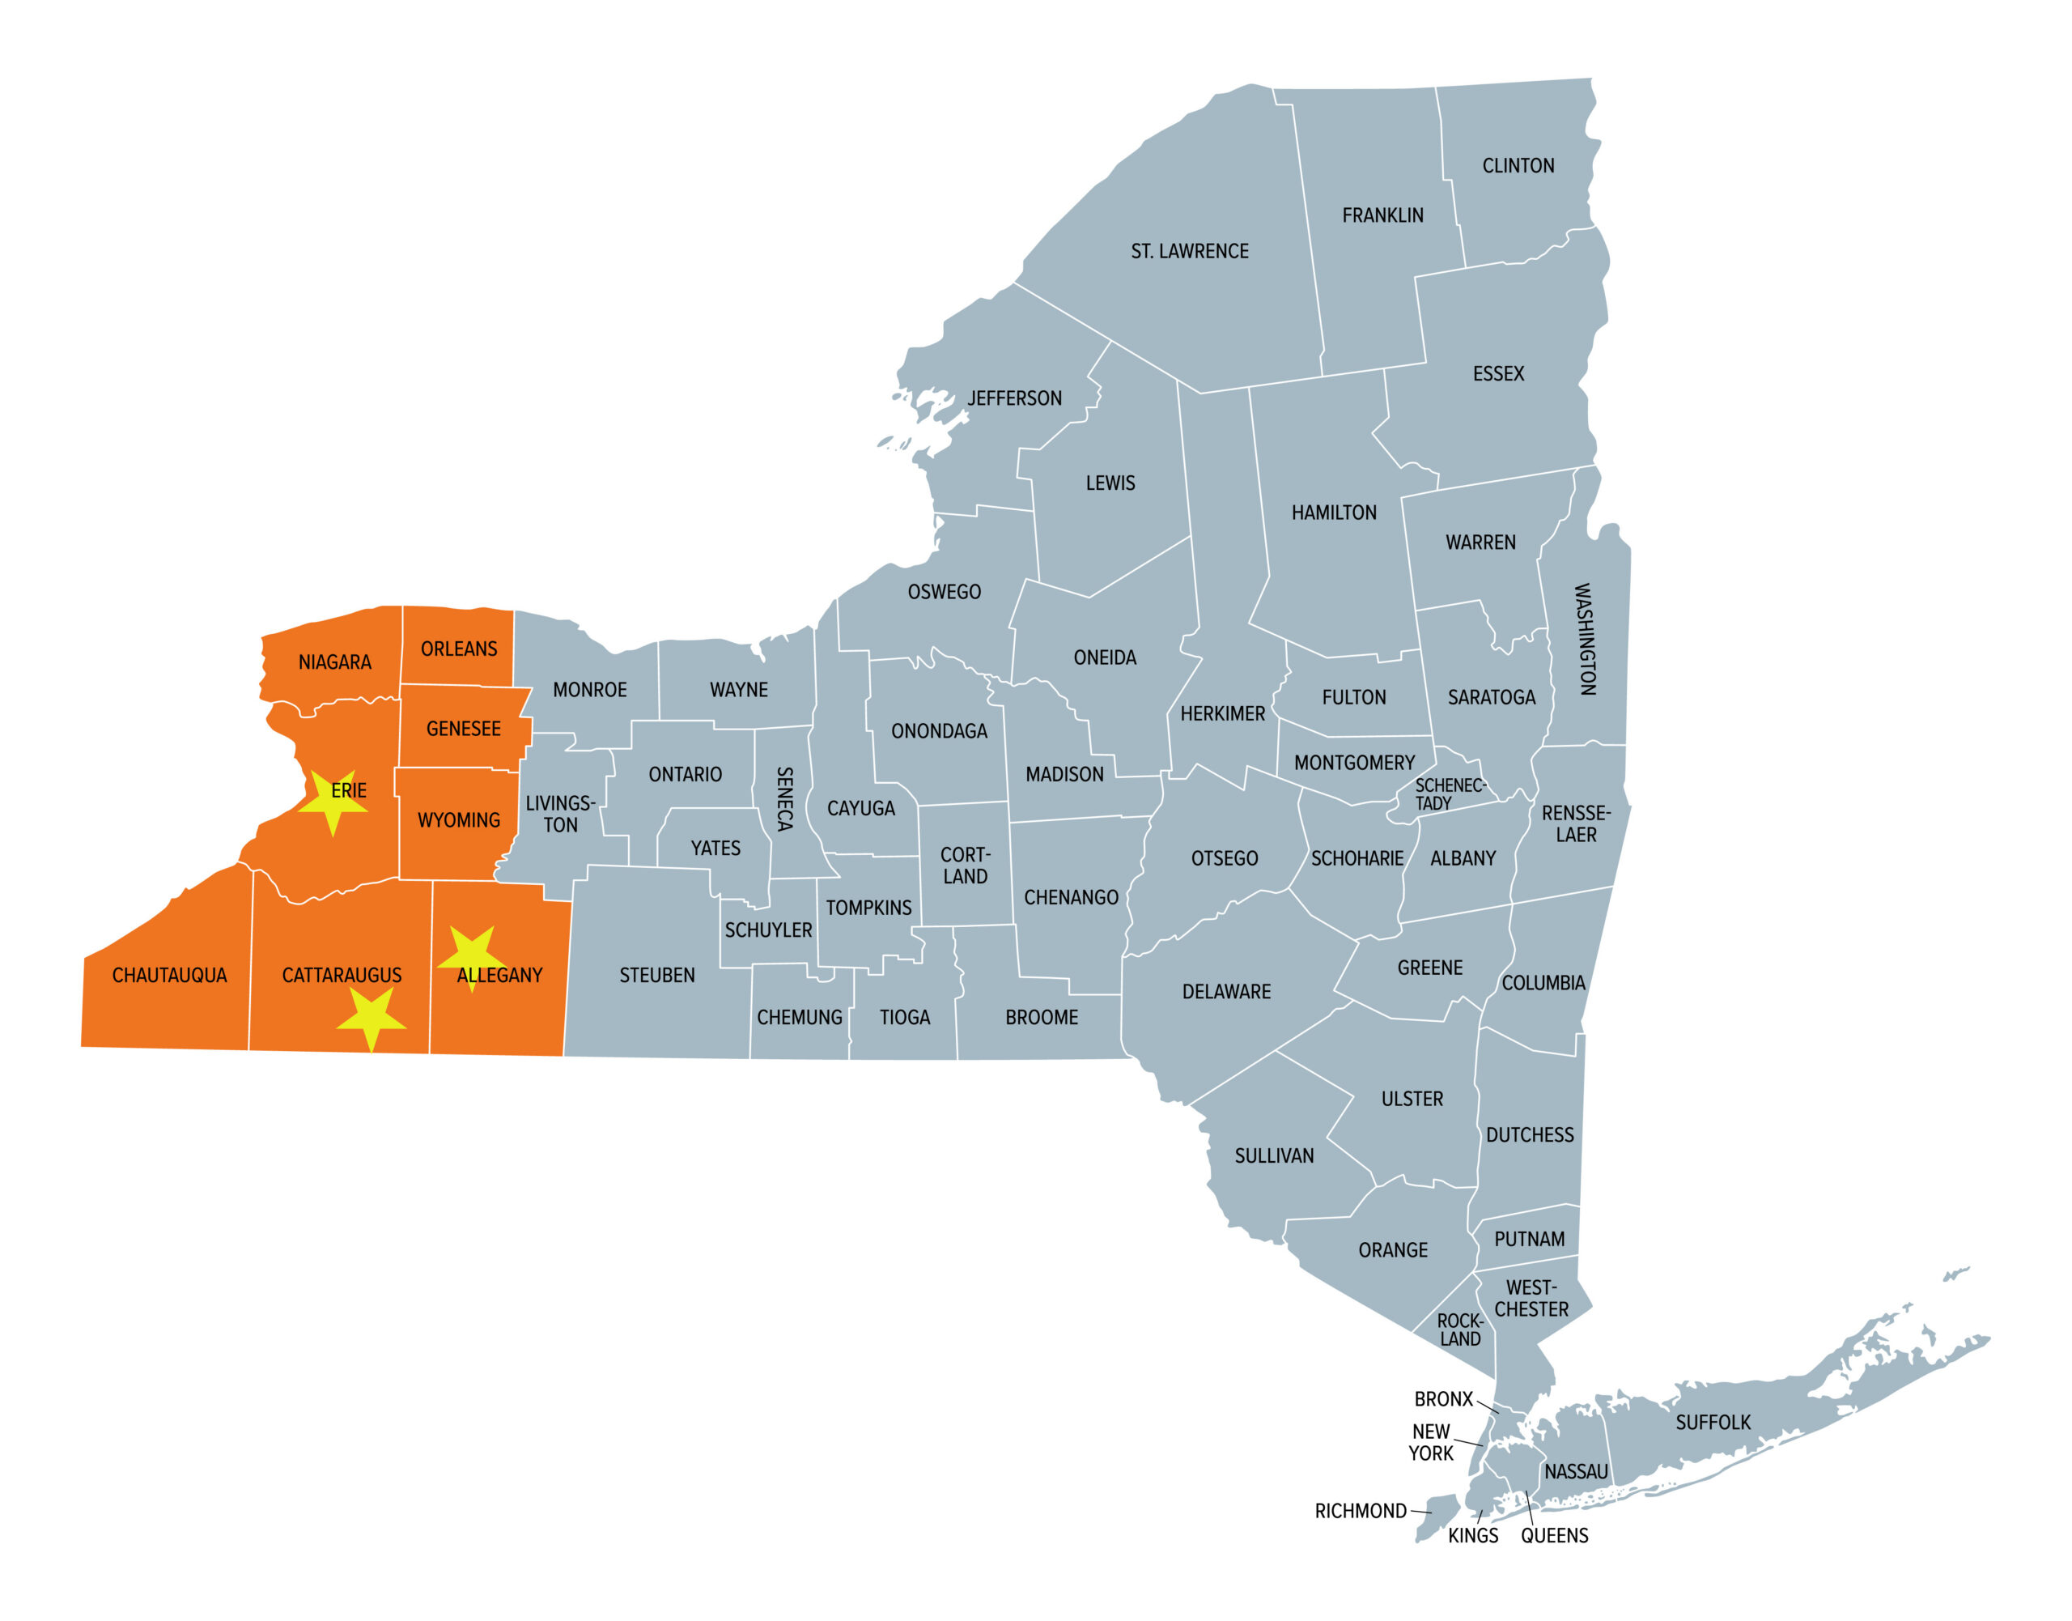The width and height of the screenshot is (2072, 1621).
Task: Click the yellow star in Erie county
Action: point(332,802)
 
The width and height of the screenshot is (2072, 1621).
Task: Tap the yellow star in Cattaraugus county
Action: point(371,1018)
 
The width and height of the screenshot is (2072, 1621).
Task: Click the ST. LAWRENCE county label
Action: point(1189,252)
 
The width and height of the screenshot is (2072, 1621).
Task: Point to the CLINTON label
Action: point(1518,166)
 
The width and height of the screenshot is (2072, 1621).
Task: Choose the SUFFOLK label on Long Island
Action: point(1713,1423)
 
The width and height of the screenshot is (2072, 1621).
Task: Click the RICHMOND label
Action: point(1360,1511)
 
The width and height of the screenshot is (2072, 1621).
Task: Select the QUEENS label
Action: point(1554,1536)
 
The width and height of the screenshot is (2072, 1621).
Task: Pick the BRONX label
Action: point(1443,1399)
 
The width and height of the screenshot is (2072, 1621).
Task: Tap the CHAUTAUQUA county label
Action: point(170,976)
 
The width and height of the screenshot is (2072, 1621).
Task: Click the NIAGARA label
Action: point(335,662)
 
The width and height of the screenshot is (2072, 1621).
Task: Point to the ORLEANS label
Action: point(458,649)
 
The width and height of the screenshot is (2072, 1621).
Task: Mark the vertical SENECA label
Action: point(784,799)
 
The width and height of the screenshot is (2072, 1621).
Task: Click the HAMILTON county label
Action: point(1334,513)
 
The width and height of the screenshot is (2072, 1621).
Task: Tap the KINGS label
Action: point(1472,1536)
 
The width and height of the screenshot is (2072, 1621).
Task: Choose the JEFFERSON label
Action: point(1014,398)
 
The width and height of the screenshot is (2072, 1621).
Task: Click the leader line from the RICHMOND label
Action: point(1421,1511)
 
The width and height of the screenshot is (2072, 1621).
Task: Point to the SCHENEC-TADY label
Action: point(1449,794)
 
